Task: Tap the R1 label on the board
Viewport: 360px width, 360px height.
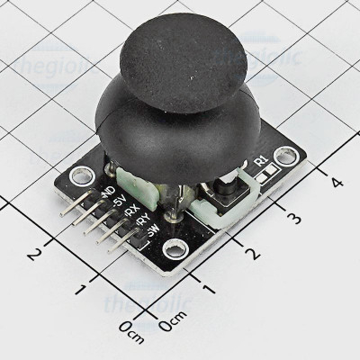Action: click(x=262, y=161)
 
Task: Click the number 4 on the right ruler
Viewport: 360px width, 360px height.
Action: click(x=337, y=182)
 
